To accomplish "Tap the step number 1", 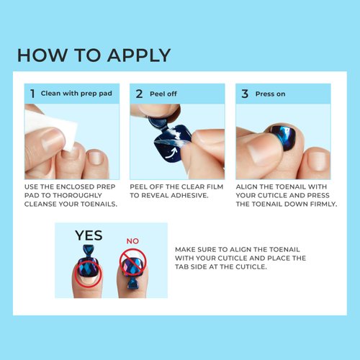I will coord(32,94).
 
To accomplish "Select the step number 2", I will coord(139,94).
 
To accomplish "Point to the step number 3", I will coord(245,94).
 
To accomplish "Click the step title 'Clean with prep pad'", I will coord(76,94).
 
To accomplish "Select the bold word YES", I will coord(88,235).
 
